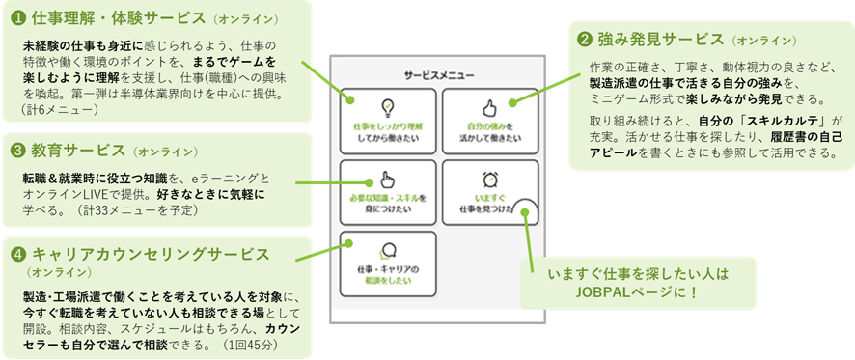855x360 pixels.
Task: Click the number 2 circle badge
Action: [x=585, y=40]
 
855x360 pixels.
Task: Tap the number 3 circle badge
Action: [x=18, y=151]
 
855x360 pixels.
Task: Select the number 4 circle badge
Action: [x=18, y=255]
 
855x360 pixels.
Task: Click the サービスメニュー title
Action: [x=437, y=74]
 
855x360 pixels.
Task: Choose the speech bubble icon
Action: [x=388, y=249]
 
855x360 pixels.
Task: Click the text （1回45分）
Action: [x=249, y=345]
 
